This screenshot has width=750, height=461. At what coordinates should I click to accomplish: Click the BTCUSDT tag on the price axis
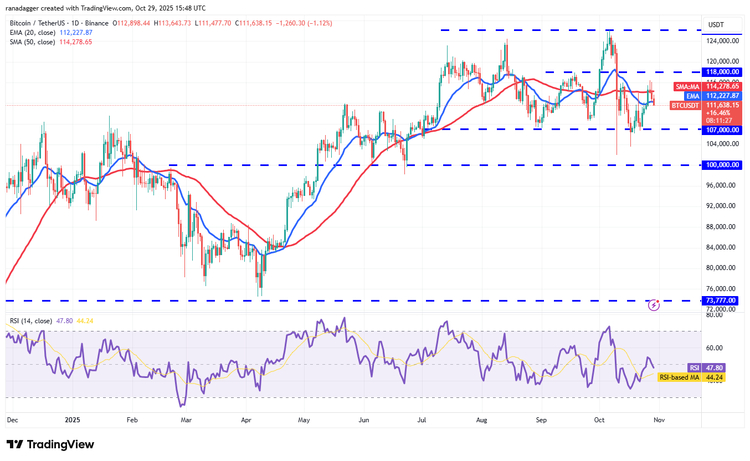(x=685, y=105)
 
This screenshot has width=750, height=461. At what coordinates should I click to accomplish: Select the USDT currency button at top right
(x=721, y=25)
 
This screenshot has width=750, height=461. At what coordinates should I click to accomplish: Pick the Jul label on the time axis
(x=422, y=420)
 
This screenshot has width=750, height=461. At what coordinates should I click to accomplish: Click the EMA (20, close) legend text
(x=32, y=32)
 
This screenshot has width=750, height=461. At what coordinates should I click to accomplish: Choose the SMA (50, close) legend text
(x=32, y=42)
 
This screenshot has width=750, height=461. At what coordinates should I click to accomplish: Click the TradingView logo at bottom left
(x=50, y=444)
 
